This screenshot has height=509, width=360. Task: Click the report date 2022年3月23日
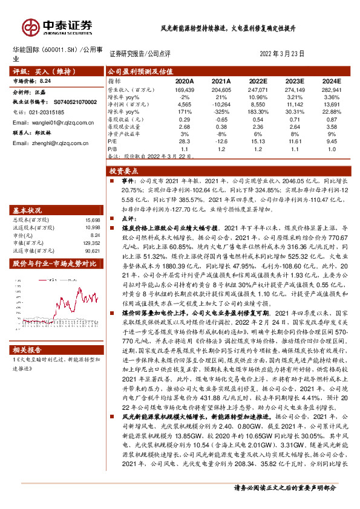282,54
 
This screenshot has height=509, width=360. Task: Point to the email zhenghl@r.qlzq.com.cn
43,143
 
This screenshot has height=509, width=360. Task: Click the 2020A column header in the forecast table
184,81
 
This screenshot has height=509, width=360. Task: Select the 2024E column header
332,81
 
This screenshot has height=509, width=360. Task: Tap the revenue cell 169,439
183,89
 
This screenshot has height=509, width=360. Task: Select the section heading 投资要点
124,171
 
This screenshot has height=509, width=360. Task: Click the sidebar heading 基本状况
27,211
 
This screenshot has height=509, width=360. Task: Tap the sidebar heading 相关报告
27,350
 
